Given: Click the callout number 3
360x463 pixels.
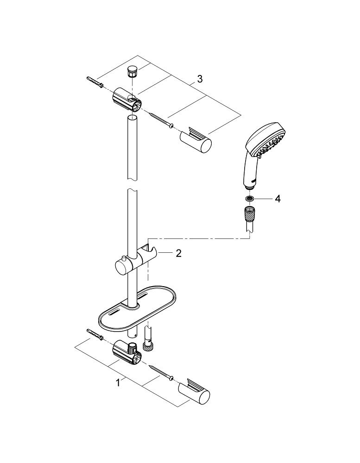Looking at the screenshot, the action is pos(200,79).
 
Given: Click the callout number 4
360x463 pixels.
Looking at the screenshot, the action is pos(277,199).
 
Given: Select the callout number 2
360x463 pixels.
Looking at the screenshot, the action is pos(178,253).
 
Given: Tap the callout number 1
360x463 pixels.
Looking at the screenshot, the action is pos(118,383).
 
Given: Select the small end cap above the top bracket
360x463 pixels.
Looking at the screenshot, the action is pos(131,72).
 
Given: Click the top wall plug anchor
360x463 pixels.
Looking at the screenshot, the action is pos(95,82).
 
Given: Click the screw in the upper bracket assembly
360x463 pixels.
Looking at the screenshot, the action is pos(161,120).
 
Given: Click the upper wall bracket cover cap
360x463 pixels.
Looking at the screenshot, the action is pos(196,140).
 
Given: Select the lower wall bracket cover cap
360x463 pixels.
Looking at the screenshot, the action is pos(194,393).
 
